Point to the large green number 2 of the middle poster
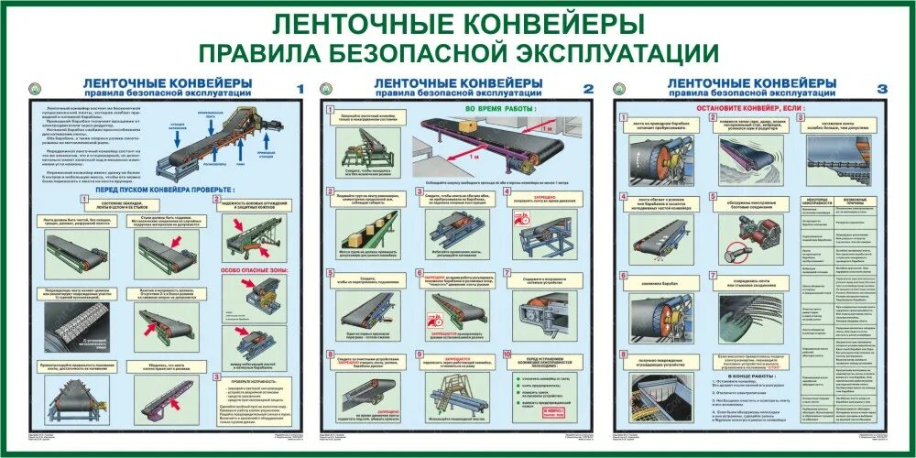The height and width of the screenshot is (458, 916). (589, 88)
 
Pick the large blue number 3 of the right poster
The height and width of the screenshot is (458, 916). (882, 88)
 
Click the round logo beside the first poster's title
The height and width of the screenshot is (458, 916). (36, 88)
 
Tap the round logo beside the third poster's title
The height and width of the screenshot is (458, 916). (619, 88)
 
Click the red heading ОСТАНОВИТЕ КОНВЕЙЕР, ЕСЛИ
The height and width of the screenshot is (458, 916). (751, 107)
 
